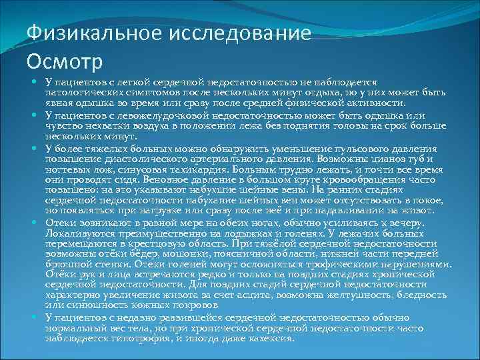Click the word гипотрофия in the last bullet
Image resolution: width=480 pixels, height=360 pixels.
[139, 337]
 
